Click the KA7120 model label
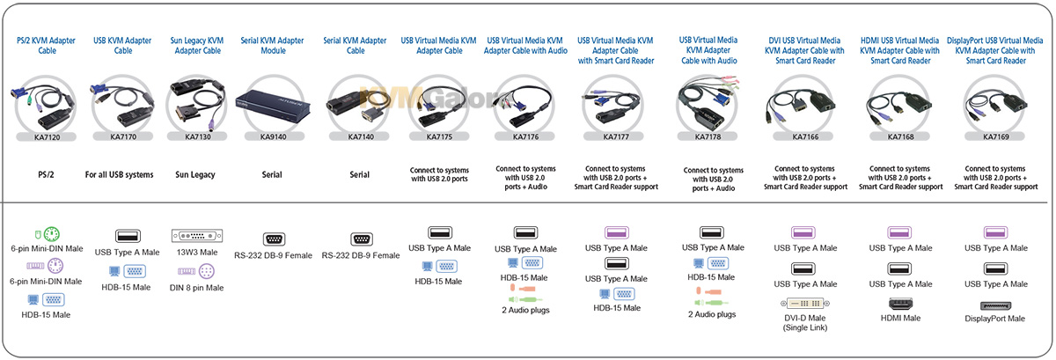tap(47, 137)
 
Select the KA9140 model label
tap(274, 136)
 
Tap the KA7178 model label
tap(708, 136)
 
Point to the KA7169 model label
tap(995, 136)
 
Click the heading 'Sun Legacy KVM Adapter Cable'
tap(197, 45)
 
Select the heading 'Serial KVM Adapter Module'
tap(273, 45)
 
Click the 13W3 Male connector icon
tap(197, 235)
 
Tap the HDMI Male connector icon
tap(900, 304)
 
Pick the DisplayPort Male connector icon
tap(995, 305)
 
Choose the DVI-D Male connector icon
tap(805, 304)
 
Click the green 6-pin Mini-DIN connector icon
tap(51, 234)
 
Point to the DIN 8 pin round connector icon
tap(207, 271)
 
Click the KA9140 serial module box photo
tap(273, 105)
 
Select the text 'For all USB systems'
tap(120, 174)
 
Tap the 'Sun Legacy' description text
tap(195, 174)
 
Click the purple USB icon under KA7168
tap(899, 232)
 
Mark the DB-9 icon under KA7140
tap(362, 239)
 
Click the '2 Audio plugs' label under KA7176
tap(525, 310)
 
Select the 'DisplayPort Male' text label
tap(994, 319)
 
